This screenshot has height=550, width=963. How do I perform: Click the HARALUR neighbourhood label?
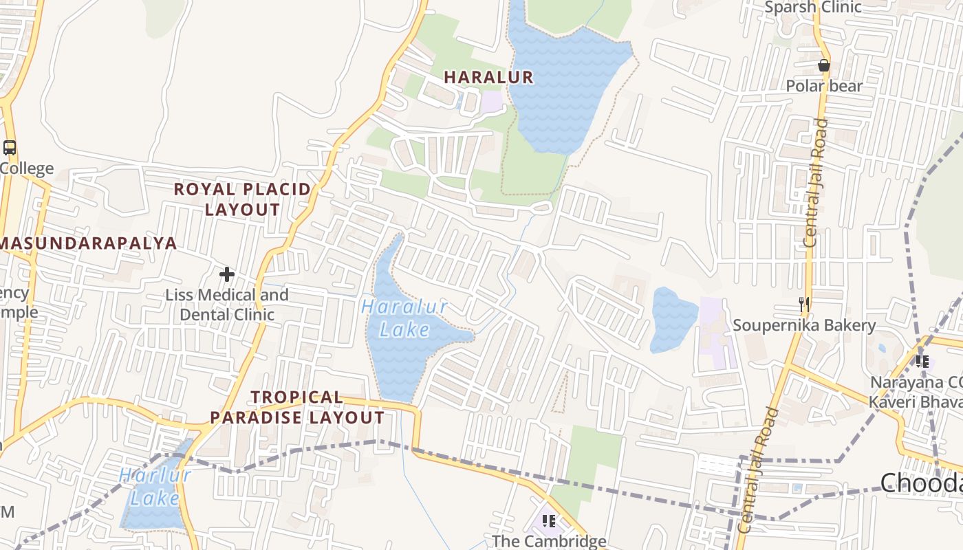[x=488, y=78]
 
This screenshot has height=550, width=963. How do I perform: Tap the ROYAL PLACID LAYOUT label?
[x=242, y=199]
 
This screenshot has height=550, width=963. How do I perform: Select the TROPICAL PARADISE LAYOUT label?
[x=297, y=407]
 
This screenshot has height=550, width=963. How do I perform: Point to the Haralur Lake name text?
[x=404, y=318]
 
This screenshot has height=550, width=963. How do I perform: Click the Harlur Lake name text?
[x=154, y=486]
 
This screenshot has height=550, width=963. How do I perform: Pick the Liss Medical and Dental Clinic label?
[x=227, y=305]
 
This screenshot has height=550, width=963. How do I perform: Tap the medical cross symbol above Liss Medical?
[x=227, y=275]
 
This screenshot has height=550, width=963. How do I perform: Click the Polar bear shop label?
[x=824, y=87]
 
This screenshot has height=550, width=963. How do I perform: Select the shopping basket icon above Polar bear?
[x=823, y=66]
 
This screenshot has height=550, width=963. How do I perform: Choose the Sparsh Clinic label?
[x=813, y=8]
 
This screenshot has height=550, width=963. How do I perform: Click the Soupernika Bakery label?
[x=804, y=325]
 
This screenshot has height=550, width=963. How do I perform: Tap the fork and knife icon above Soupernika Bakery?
[x=803, y=305]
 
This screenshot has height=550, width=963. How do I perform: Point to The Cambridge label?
[x=549, y=541]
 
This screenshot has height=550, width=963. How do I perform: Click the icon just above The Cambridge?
[x=548, y=521]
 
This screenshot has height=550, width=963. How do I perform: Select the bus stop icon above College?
[x=10, y=147]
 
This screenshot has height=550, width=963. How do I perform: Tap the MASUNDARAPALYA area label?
[x=89, y=243]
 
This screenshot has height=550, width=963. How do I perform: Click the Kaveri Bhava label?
[x=915, y=401]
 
